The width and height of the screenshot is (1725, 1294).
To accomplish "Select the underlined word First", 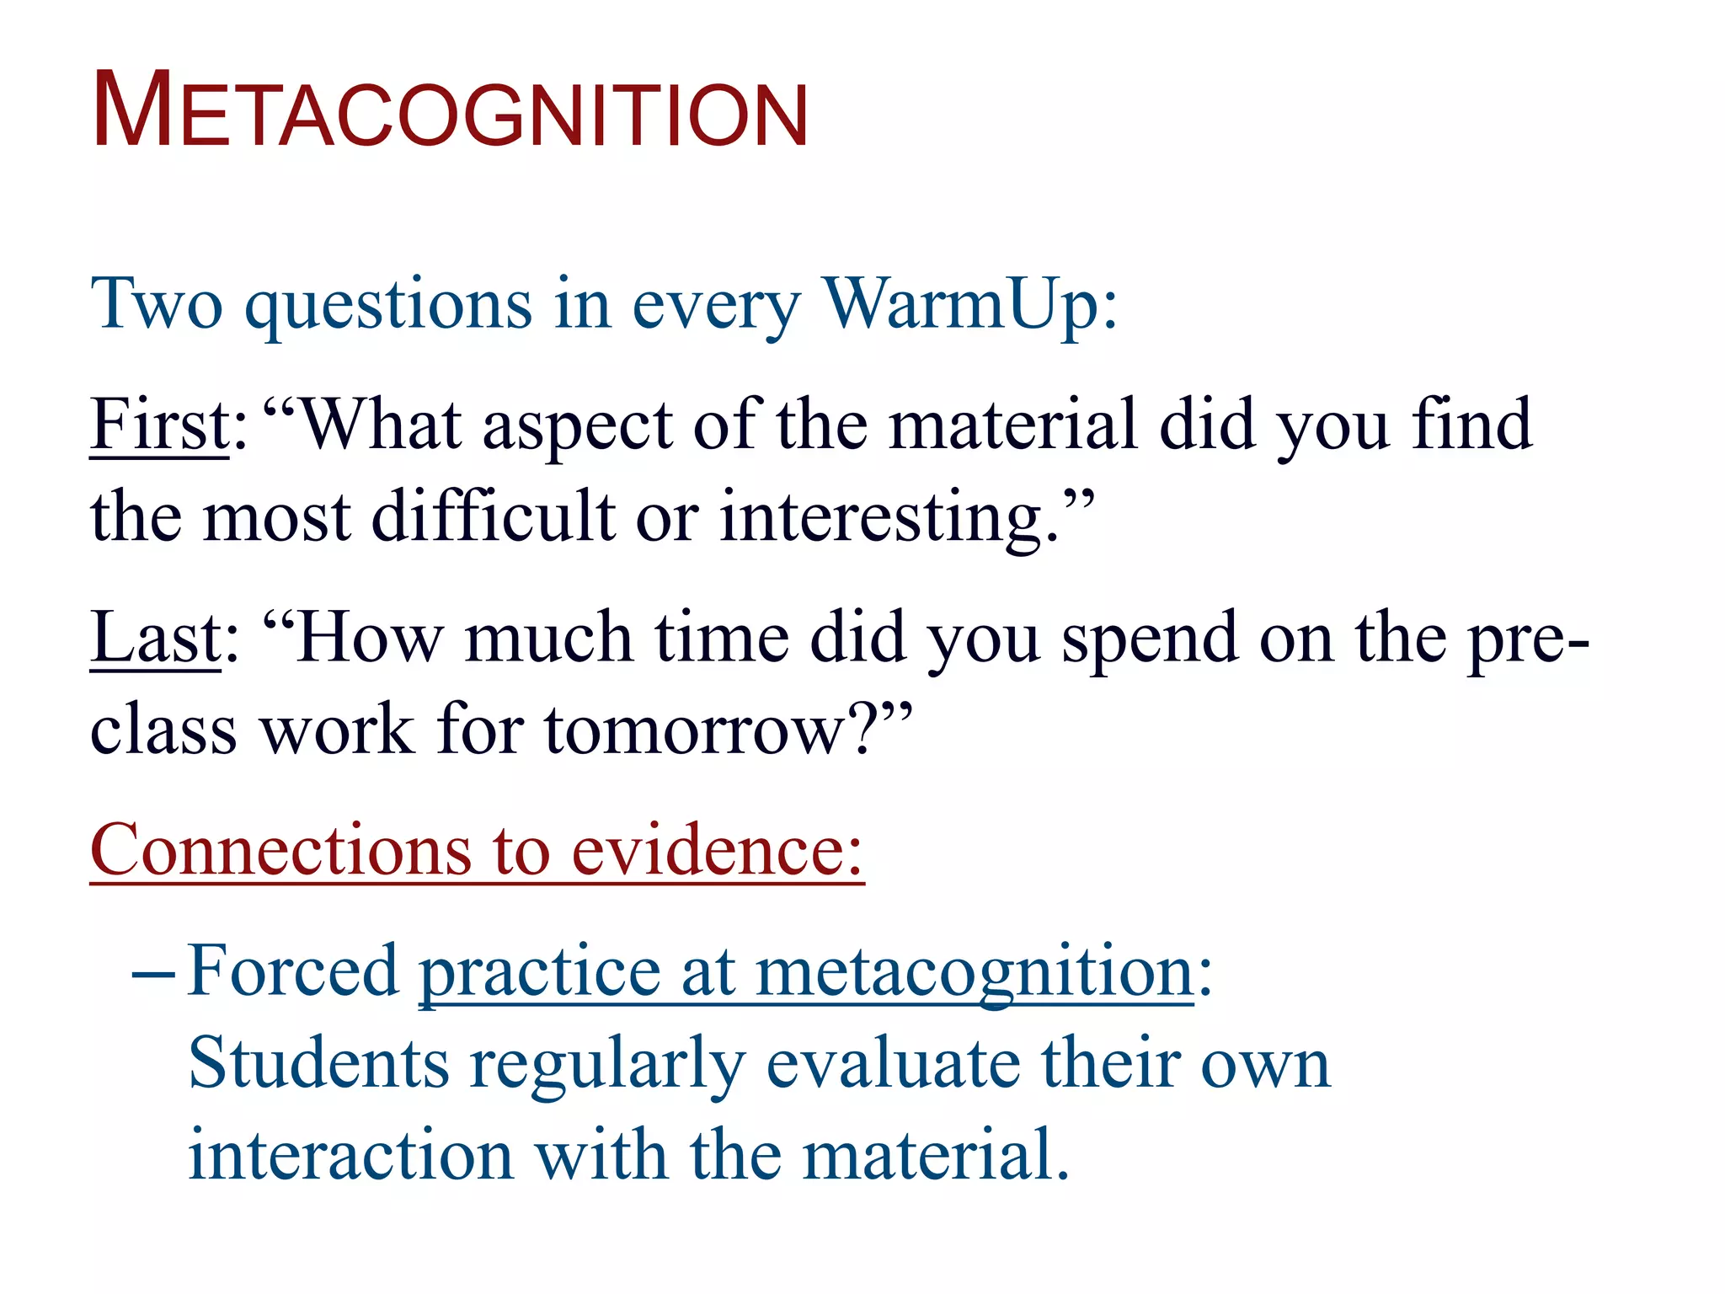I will pos(159,425).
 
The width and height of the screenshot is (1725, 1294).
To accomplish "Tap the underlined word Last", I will pos(155,639).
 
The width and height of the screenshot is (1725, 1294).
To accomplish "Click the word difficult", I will pos(493,517).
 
